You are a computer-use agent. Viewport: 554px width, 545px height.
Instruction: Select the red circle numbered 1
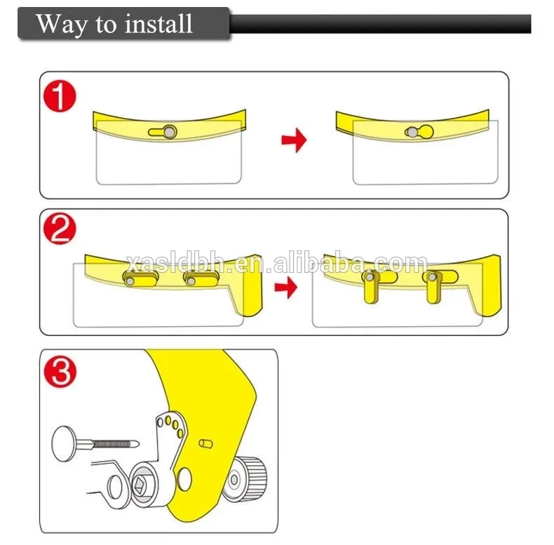tap(60, 96)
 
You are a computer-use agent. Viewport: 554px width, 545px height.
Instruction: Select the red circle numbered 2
tap(60, 229)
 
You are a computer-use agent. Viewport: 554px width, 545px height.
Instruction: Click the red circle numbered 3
tap(60, 372)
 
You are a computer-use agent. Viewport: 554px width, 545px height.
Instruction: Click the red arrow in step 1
tap(294, 140)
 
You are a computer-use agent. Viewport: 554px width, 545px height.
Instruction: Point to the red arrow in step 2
tap(286, 287)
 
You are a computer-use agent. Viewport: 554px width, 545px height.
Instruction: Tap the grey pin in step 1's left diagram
tap(170, 132)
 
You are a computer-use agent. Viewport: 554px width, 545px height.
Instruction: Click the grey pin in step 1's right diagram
tap(412, 132)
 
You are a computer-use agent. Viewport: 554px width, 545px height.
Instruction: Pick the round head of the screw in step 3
tap(64, 443)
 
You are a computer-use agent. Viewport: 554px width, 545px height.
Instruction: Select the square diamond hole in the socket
tap(140, 485)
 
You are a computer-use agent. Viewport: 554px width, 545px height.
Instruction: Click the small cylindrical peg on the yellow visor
tap(205, 443)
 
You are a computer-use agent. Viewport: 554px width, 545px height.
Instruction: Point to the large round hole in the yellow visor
tap(184, 479)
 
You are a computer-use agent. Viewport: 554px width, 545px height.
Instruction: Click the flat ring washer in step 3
tap(115, 488)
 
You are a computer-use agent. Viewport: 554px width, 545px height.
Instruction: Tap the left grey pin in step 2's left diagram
tap(130, 281)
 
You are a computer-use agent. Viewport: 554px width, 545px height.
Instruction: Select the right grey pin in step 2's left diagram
tap(191, 281)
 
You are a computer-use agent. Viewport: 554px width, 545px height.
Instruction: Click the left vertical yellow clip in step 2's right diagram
tap(371, 288)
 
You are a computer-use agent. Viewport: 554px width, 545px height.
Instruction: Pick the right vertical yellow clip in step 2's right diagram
tap(433, 288)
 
